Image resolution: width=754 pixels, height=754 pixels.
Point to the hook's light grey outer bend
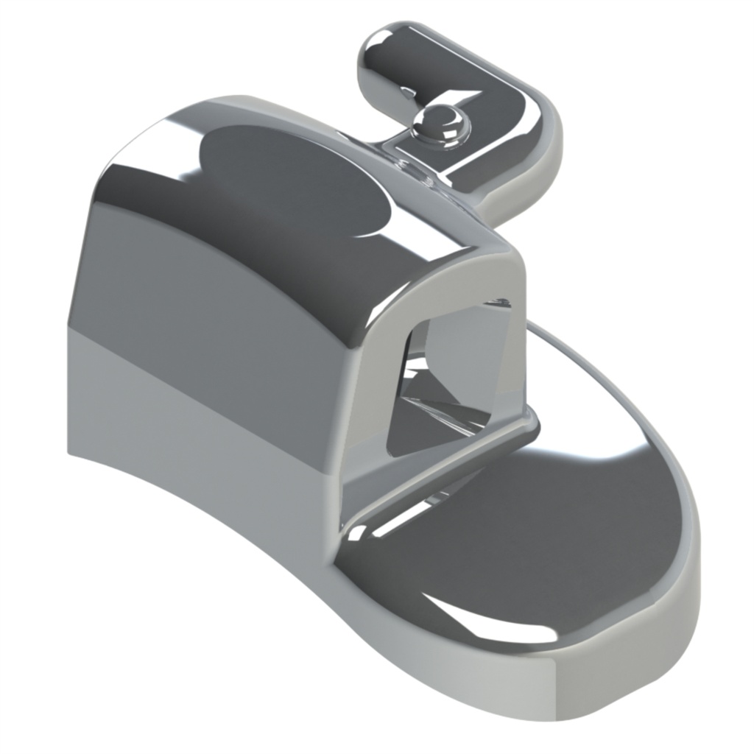(x=541, y=158)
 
